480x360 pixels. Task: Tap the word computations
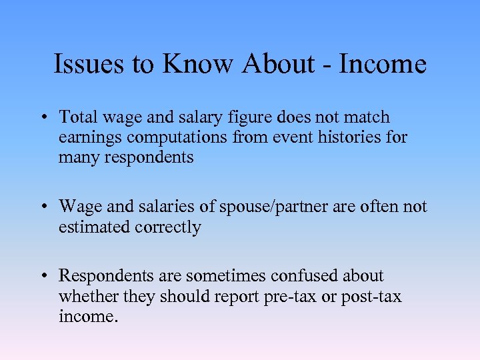(x=170, y=138)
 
